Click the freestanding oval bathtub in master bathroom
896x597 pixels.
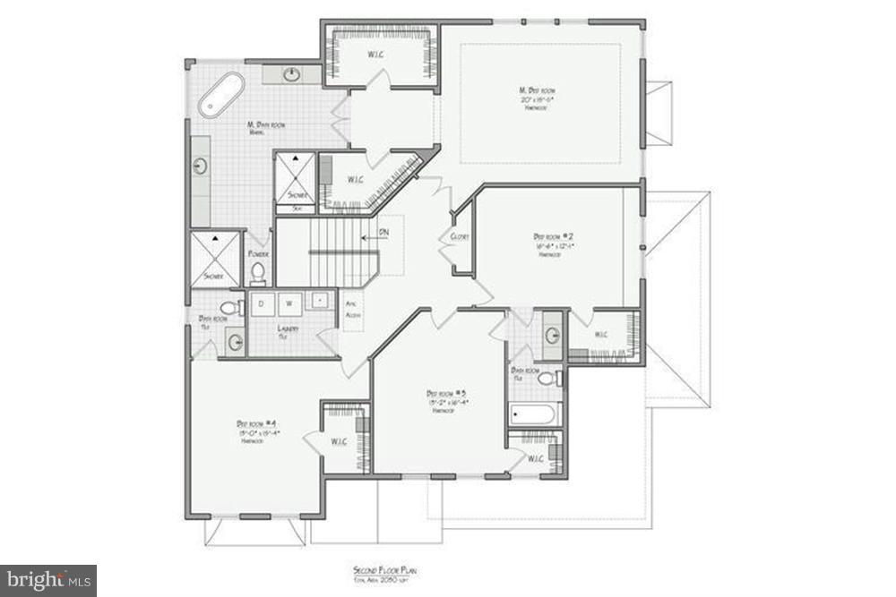[x=221, y=95]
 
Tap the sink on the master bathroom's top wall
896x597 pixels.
[x=292, y=74]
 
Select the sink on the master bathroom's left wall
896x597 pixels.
[x=200, y=166]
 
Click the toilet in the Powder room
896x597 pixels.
[x=258, y=271]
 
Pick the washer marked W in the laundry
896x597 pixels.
[x=289, y=303]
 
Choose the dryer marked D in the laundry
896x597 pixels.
[x=262, y=303]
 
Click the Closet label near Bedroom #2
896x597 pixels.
[x=461, y=236]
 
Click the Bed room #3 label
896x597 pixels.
[x=445, y=393]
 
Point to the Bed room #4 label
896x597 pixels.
[x=257, y=423]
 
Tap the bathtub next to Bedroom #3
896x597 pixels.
[x=534, y=414]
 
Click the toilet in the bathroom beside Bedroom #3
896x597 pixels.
[x=547, y=379]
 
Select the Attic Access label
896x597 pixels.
[x=352, y=309]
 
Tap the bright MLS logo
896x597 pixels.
[x=48, y=580]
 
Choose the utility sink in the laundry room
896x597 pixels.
[x=319, y=302]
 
